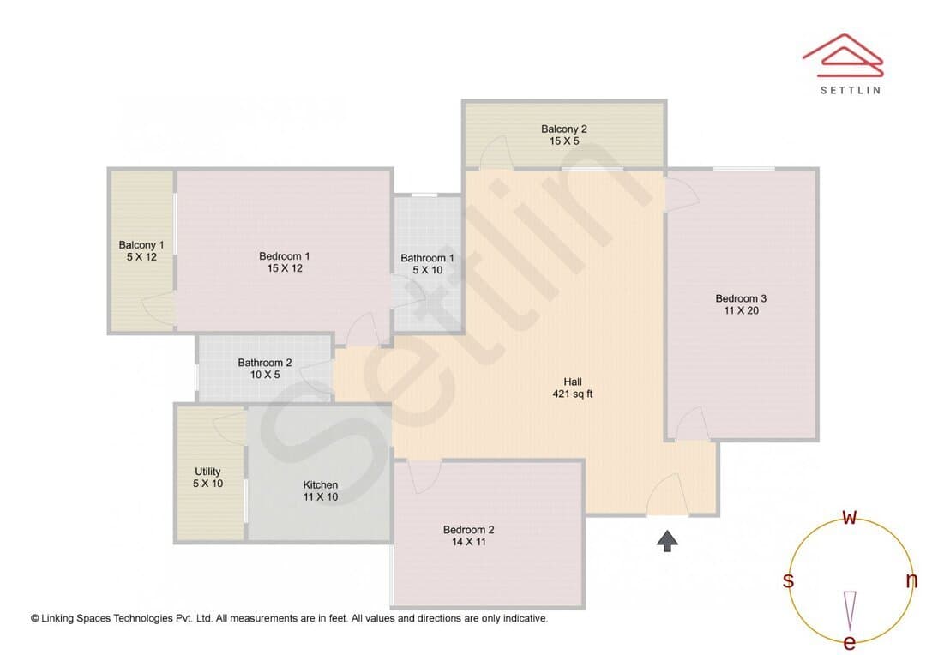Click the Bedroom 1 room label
pos(284,255)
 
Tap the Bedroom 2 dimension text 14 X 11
pos(469,542)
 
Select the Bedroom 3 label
pos(741,298)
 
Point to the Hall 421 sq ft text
pos(572,388)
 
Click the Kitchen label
pos(320,484)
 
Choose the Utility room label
pos(207,472)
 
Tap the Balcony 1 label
pos(141,244)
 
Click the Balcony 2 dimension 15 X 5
pos(564,141)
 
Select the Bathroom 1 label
pos(427,257)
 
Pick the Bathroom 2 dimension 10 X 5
pos(265,375)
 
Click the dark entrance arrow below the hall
pos(667,540)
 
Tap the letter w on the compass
pos(849,517)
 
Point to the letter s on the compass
pos(788,580)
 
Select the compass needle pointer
pos(850,610)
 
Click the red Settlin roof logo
pos(843,56)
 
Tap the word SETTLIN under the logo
pos(851,90)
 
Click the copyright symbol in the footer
pos(35,618)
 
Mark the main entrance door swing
pos(667,494)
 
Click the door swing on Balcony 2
pos(496,153)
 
